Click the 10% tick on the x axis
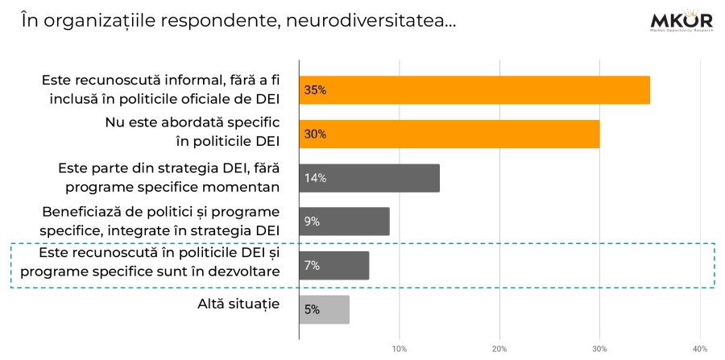pos(399,349)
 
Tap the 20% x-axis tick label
pos(499,349)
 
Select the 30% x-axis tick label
pos(599,349)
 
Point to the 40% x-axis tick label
pos(699,349)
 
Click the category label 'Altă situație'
pos(238,304)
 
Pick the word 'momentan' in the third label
pos(245,187)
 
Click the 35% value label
pos(315,90)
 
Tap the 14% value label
pos(315,178)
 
